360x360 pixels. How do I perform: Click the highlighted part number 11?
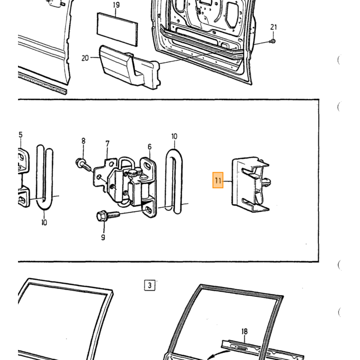[218, 180]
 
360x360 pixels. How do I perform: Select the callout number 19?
[116, 5]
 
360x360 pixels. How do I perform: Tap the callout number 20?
[85, 58]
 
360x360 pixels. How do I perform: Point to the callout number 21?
[274, 27]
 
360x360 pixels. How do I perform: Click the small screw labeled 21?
[273, 41]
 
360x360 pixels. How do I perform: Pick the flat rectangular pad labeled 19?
[118, 29]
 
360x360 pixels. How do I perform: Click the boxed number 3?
[150, 285]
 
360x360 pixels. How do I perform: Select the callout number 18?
[244, 331]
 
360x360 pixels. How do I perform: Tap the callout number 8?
[83, 141]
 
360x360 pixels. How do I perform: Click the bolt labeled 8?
[84, 165]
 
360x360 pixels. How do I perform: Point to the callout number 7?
[107, 143]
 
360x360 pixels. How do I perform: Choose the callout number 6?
[150, 147]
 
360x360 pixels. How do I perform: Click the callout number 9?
[103, 237]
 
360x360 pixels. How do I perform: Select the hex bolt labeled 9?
[108, 215]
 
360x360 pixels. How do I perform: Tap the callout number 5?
[21, 135]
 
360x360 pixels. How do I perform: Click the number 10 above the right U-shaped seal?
[174, 136]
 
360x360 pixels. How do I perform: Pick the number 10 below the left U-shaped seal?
[44, 222]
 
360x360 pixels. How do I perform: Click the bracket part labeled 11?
[251, 184]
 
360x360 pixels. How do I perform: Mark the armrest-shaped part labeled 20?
[129, 66]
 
